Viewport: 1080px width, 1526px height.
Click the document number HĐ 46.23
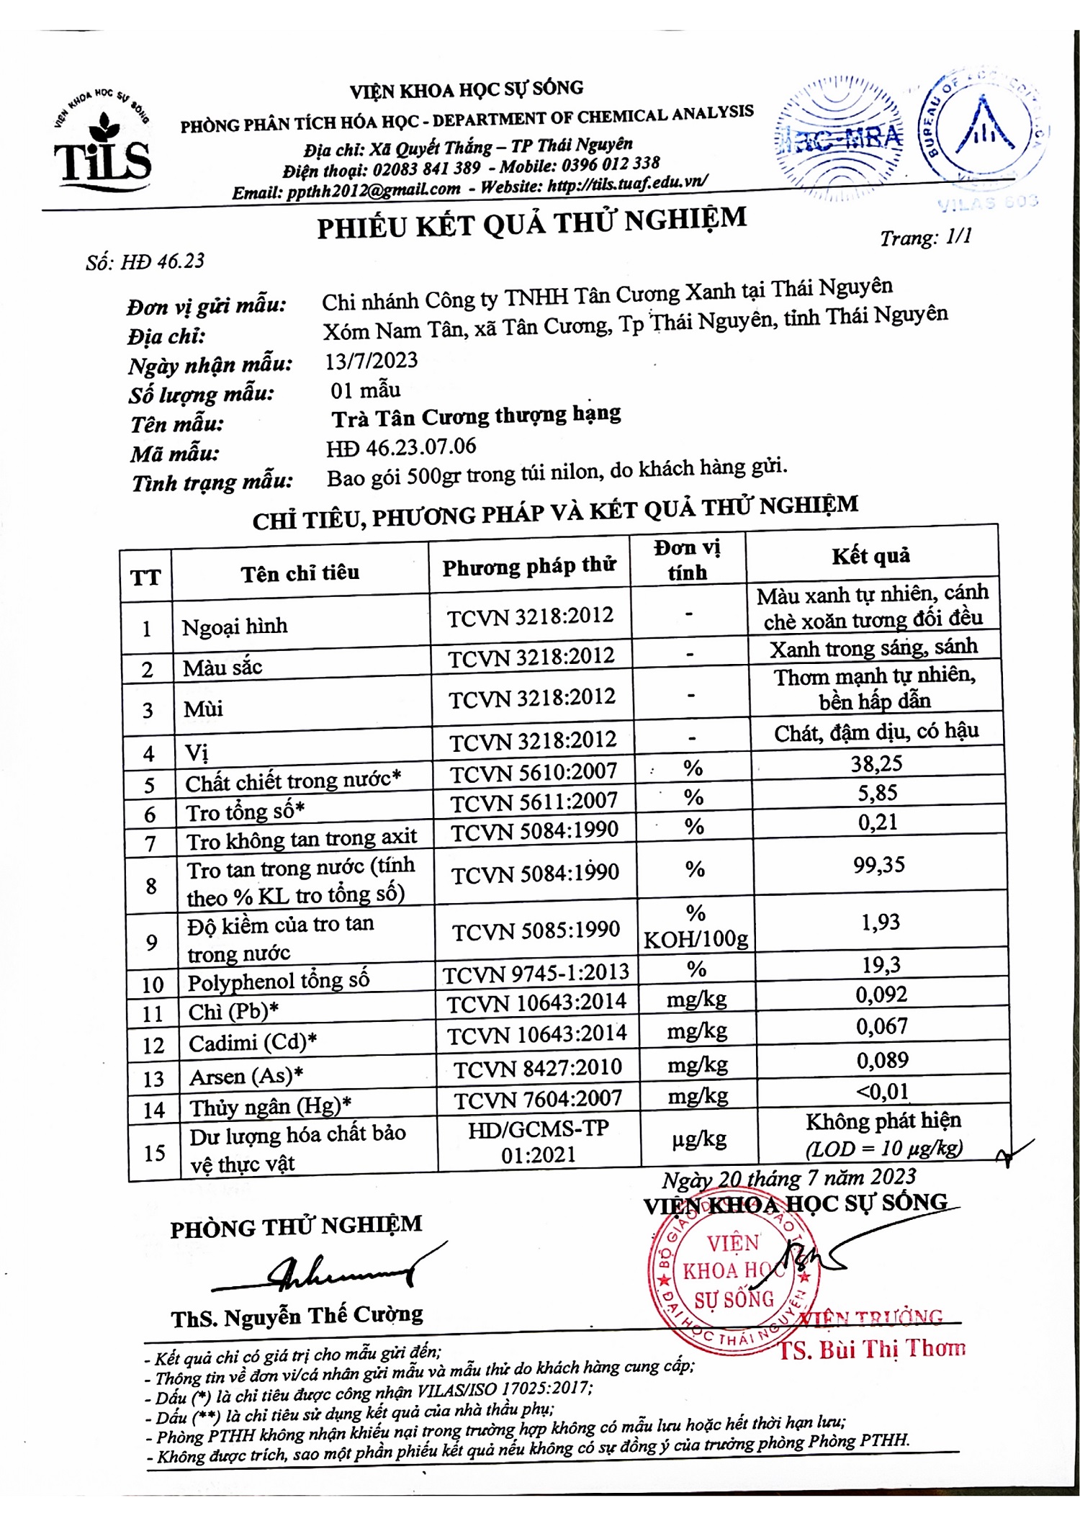tap(162, 261)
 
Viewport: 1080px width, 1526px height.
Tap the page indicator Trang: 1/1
tap(925, 237)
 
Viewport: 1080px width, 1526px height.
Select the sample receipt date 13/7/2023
tap(371, 360)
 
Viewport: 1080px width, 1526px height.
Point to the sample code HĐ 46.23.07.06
tap(401, 447)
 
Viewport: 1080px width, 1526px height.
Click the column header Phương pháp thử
tap(528, 567)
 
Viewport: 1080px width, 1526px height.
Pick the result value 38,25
tap(876, 763)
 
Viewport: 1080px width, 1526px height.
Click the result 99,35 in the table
tap(878, 864)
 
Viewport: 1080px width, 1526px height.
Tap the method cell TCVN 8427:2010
tap(537, 1067)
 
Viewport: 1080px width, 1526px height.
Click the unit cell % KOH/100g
tap(696, 927)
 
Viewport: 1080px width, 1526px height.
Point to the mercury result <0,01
tap(882, 1092)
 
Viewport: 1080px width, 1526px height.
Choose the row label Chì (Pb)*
tap(233, 1012)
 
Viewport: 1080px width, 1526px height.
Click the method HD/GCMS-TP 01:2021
tap(539, 1141)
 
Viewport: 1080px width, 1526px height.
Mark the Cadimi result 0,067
tap(881, 1026)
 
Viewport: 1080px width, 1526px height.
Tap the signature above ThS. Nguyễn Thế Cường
tap(338, 1271)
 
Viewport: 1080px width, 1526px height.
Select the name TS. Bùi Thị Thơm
tap(872, 1349)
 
